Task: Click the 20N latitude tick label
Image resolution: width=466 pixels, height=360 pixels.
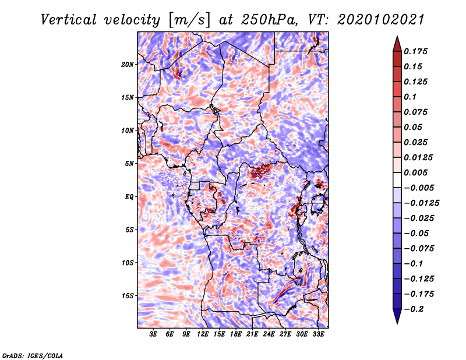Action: [x=128, y=64]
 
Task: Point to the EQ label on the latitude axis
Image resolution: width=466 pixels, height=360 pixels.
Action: [x=129, y=197]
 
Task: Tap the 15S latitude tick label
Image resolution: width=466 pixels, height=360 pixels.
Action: [x=128, y=296]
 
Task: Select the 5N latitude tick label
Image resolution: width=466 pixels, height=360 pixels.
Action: [x=129, y=164]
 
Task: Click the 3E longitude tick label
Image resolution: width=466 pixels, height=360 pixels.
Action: [x=153, y=334]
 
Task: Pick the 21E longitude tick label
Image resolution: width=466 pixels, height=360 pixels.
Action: [x=252, y=334]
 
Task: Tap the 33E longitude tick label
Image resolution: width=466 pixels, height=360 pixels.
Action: [x=318, y=334]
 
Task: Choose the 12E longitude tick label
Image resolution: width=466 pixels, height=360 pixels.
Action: [x=202, y=334]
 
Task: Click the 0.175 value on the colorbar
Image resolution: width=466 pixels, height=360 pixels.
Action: [x=415, y=51]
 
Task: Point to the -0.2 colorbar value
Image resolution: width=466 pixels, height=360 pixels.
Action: [x=414, y=309]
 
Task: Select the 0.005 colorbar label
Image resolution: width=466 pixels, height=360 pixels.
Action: [x=415, y=172]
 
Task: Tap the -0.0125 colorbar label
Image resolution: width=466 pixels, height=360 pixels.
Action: [x=421, y=203]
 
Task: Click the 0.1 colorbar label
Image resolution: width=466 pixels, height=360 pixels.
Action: [x=410, y=97]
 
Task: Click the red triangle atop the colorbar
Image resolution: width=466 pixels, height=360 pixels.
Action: [x=397, y=44]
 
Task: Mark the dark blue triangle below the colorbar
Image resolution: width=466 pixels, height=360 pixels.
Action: [x=397, y=316]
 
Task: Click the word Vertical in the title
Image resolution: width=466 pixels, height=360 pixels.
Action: [x=68, y=20]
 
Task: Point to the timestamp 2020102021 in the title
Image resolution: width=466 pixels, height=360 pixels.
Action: [x=380, y=20]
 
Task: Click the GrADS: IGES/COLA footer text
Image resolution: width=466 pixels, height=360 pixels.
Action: [x=33, y=356]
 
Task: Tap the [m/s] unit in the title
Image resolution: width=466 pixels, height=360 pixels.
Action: [x=189, y=20]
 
